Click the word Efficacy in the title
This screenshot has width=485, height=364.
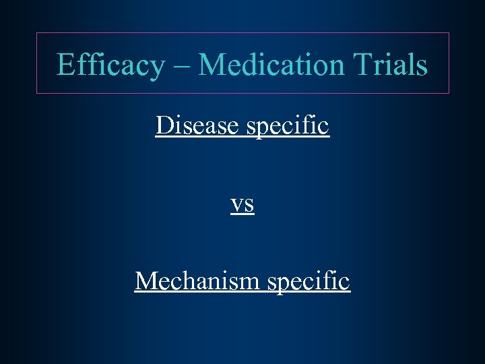[x=110, y=65]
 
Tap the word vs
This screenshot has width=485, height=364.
[x=242, y=204]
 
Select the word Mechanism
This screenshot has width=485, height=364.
[x=197, y=280]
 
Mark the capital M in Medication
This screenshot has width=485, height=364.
[x=210, y=65]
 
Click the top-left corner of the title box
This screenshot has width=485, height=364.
[x=36, y=32]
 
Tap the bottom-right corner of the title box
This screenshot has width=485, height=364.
[x=449, y=93]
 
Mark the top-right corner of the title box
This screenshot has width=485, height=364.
[x=449, y=32]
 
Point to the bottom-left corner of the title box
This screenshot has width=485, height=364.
[x=36, y=93]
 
